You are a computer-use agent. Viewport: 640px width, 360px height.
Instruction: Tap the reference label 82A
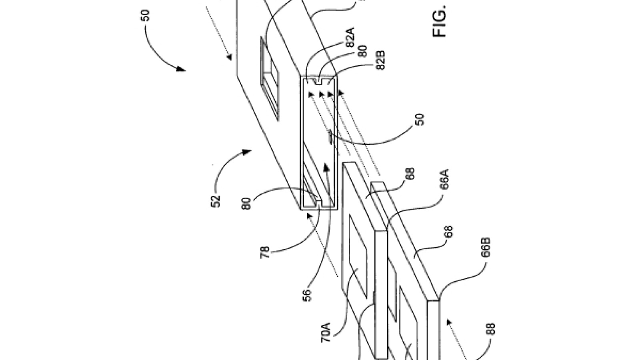pos(350,37)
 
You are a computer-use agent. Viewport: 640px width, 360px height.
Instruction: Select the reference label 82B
pos(380,60)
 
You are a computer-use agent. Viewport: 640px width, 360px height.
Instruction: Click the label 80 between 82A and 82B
pos(362,51)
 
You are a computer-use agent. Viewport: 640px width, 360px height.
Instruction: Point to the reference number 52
pos(216,201)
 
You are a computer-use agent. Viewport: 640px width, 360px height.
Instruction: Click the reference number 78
pos(265,252)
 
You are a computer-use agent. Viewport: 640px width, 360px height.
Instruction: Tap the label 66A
pos(444,180)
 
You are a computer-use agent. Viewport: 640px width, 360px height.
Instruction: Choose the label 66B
pos(486,248)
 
